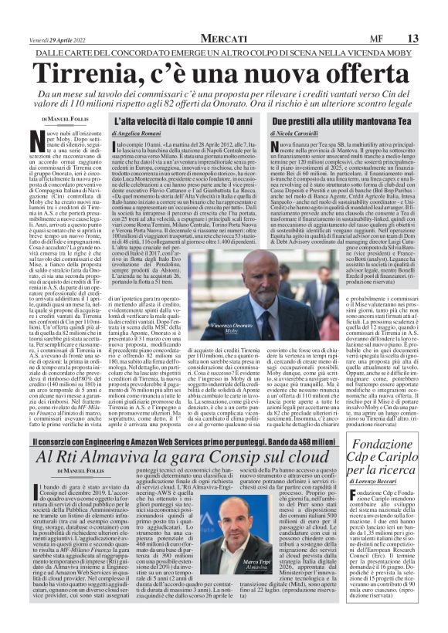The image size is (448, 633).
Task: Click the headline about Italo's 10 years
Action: click(x=186, y=122)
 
